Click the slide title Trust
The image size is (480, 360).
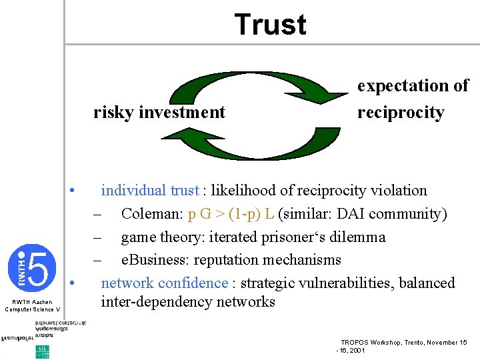tap(270, 25)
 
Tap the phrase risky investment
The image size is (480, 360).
tap(159, 112)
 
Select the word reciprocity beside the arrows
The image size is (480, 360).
tap(400, 112)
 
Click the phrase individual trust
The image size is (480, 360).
tap(150, 191)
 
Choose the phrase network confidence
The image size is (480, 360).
tap(164, 283)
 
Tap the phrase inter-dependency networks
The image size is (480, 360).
tap(187, 302)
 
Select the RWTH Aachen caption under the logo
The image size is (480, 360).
tap(32, 305)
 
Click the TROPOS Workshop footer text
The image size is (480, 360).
tap(403, 342)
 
